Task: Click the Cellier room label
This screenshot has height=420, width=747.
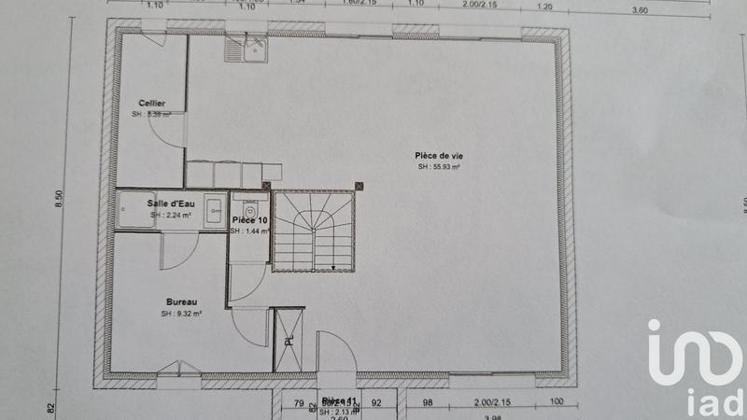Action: point(152,103)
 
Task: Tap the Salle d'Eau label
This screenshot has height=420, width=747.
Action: point(169,203)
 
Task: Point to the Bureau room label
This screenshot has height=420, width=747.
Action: point(180,302)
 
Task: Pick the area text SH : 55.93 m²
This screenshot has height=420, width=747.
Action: point(439,167)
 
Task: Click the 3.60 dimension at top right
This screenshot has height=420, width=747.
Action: point(640,9)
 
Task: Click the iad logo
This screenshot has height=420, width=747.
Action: point(698,364)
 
